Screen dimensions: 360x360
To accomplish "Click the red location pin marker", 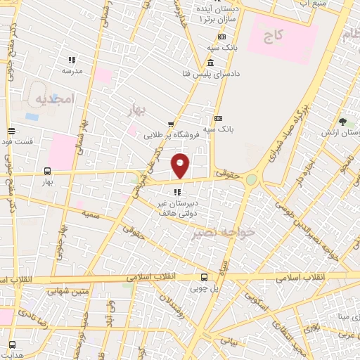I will coord(181,166).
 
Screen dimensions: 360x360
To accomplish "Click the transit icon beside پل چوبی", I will coord(204,277).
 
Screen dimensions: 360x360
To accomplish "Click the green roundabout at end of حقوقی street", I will coord(251,179).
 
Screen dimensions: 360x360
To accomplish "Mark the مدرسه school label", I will coord(72,71).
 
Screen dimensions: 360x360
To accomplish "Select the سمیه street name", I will coord(91,212).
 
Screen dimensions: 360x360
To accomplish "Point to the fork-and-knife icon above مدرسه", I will coord(72,60).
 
